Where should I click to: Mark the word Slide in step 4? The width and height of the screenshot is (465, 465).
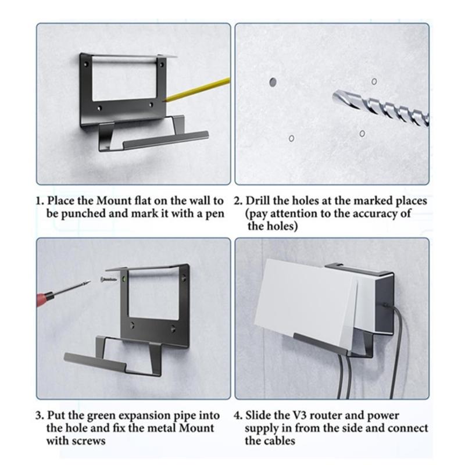258,416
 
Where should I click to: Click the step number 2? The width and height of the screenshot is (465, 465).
238,201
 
